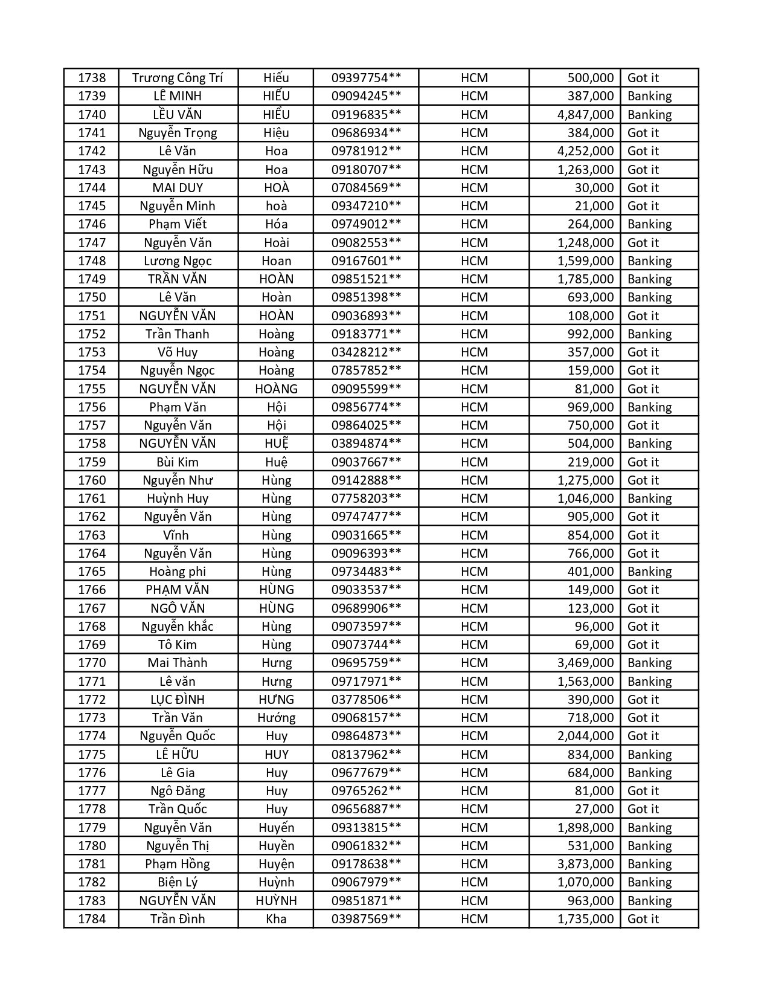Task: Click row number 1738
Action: (92, 78)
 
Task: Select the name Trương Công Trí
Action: (178, 78)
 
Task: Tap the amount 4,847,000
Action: (585, 115)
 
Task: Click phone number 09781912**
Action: (366, 151)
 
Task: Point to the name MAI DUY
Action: (178, 188)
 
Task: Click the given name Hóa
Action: (276, 224)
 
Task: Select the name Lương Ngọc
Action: (178, 261)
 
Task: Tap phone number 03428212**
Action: (366, 352)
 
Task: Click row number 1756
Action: (92, 407)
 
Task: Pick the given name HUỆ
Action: (276, 444)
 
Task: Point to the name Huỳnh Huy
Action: (178, 498)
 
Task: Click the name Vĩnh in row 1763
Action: (176, 535)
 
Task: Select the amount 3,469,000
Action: (585, 663)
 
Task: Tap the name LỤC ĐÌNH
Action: (178, 700)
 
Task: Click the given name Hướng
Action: (276, 718)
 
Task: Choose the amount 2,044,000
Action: (585, 736)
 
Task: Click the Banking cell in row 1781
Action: (649, 864)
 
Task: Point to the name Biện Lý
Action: (178, 882)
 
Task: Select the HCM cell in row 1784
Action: (474, 919)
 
